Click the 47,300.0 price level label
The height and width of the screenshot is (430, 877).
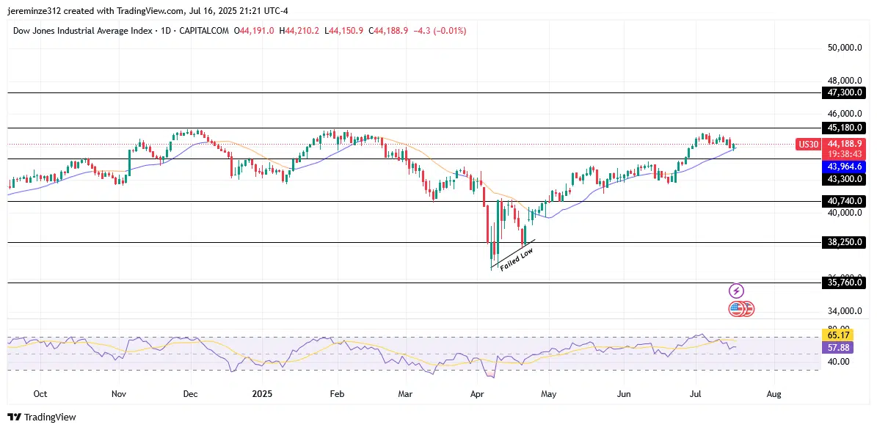(844, 93)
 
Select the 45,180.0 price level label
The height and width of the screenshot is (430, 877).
(844, 128)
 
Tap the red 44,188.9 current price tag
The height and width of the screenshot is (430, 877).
(844, 144)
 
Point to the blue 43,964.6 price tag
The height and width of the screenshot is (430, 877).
(844, 167)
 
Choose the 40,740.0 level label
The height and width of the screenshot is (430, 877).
(844, 201)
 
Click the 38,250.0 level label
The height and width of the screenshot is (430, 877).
(844, 242)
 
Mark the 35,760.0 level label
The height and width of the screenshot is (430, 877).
(844, 283)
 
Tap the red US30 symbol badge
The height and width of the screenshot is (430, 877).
(807, 145)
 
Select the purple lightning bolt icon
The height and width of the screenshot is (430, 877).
(737, 291)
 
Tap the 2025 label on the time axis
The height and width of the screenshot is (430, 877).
(262, 394)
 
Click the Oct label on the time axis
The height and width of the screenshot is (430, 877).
(41, 394)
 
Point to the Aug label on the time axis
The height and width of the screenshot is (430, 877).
(774, 394)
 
